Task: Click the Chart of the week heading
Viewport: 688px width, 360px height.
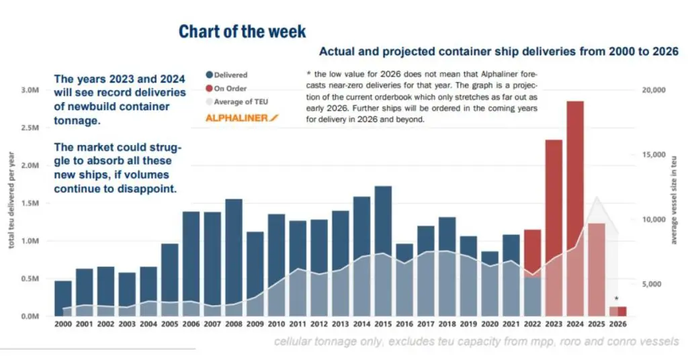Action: (x=242, y=32)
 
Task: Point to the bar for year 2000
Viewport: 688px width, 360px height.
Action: (x=63, y=298)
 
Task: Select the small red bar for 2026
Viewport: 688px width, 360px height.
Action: (x=617, y=311)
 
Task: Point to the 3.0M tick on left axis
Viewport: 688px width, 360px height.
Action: (x=31, y=90)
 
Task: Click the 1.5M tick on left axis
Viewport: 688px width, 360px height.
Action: (x=31, y=204)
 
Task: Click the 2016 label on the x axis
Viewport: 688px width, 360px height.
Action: (x=404, y=324)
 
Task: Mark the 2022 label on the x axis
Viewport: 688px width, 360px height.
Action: (x=532, y=324)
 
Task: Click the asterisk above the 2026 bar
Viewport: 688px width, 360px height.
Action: (x=617, y=299)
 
